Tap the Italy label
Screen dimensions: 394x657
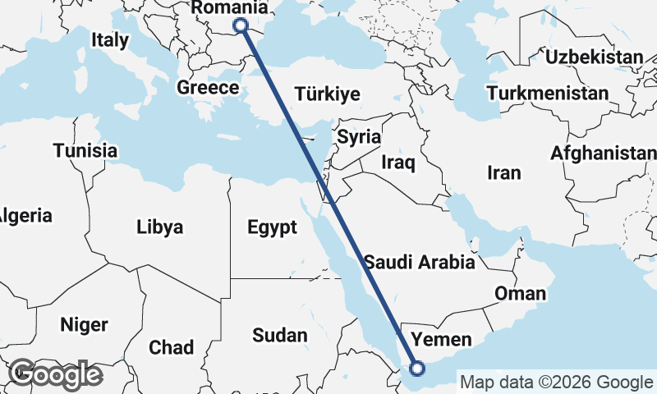[x=110, y=39]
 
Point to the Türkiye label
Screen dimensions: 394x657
[x=327, y=94]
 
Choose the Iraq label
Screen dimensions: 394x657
[x=398, y=163]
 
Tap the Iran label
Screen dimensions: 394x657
[x=503, y=172]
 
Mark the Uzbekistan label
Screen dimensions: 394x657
[x=594, y=57]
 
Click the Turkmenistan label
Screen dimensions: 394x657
[x=547, y=93]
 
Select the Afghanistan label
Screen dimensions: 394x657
[x=604, y=153]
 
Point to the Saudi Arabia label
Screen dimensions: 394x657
[x=420, y=263]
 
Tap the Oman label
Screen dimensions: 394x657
[x=520, y=293]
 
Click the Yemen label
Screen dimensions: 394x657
[x=441, y=339]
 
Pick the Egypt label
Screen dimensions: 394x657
[x=272, y=227]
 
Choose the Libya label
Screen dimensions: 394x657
[x=160, y=227]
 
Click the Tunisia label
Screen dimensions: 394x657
[x=85, y=151]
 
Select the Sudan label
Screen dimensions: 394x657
[x=280, y=335]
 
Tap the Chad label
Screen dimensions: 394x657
[x=172, y=347]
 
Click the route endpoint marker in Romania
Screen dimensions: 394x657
[x=241, y=25]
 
